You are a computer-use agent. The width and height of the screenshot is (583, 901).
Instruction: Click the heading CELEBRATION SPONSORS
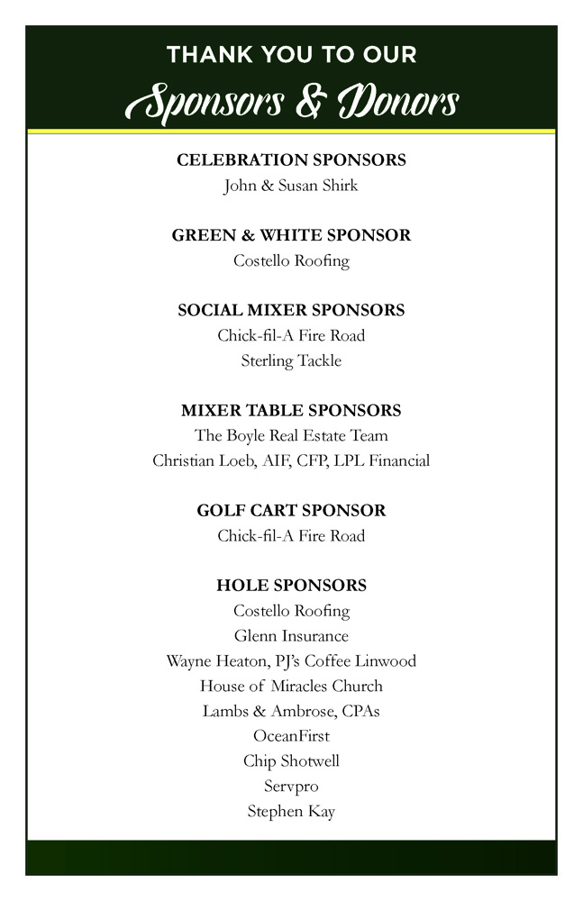pyautogui.click(x=291, y=160)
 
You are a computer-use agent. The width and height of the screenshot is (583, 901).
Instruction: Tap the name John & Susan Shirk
pyautogui.click(x=291, y=186)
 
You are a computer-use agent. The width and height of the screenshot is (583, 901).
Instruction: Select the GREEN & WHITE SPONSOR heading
pyautogui.click(x=291, y=235)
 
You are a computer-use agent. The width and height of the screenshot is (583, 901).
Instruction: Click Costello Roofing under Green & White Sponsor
pyautogui.click(x=291, y=261)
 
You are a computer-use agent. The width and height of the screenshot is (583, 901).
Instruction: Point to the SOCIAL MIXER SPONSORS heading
pyautogui.click(x=291, y=310)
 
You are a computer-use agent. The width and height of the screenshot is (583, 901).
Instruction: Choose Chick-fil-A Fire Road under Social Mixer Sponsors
pyautogui.click(x=291, y=336)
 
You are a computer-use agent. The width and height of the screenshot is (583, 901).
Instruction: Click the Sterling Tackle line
pyautogui.click(x=291, y=361)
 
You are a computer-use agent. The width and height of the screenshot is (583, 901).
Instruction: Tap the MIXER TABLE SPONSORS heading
pyautogui.click(x=291, y=411)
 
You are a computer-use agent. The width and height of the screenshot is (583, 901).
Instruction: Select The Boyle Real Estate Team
pyautogui.click(x=291, y=436)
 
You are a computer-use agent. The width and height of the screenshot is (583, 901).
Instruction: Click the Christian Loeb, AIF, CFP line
pyautogui.click(x=291, y=461)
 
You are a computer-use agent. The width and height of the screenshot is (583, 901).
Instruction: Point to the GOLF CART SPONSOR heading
pyautogui.click(x=291, y=511)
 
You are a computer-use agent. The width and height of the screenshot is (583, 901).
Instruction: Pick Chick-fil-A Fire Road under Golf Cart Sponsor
pyautogui.click(x=291, y=536)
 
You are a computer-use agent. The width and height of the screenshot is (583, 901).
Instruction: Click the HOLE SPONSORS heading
pyautogui.click(x=291, y=586)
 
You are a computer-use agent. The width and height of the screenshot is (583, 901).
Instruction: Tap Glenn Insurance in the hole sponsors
pyautogui.click(x=291, y=636)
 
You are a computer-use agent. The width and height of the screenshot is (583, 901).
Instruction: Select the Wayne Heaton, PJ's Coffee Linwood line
pyautogui.click(x=291, y=661)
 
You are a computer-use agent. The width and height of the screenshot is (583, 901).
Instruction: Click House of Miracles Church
pyautogui.click(x=291, y=687)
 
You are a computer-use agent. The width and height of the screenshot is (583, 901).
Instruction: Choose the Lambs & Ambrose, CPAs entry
pyautogui.click(x=291, y=712)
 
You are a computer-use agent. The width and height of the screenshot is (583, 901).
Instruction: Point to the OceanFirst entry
pyautogui.click(x=291, y=736)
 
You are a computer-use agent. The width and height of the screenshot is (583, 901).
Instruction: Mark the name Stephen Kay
pyautogui.click(x=291, y=812)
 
